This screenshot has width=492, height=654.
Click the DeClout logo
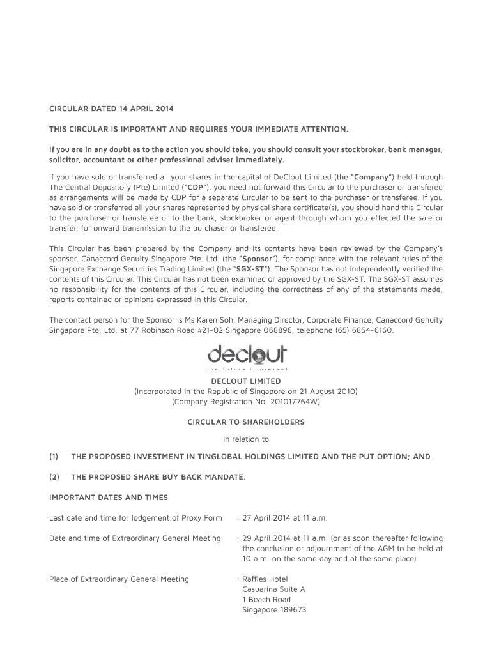(x=247, y=354)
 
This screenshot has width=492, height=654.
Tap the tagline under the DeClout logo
(x=247, y=369)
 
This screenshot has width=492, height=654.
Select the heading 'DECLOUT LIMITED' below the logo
(x=246, y=381)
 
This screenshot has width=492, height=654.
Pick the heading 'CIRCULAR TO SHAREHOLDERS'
(x=246, y=422)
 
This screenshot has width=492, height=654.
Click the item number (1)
(x=54, y=457)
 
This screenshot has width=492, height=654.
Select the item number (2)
(x=54, y=476)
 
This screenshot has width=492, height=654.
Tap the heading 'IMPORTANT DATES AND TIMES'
(x=109, y=497)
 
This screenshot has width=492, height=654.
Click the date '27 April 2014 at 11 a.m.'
(x=285, y=517)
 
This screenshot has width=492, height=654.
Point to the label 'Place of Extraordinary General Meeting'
(x=119, y=579)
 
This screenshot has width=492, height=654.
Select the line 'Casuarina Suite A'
(x=273, y=589)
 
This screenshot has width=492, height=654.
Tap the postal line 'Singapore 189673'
(x=274, y=609)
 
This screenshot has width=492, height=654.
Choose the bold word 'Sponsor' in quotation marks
(x=258, y=259)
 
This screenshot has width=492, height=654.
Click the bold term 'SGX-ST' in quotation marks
(x=250, y=269)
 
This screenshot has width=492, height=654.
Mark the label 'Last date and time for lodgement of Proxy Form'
(x=135, y=517)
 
